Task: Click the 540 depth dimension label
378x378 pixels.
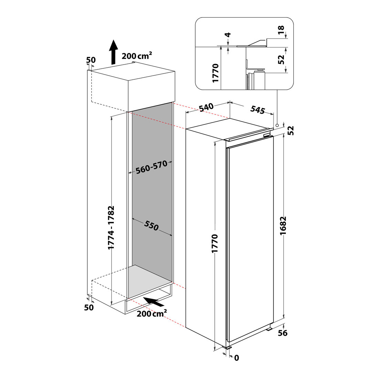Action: pyautogui.click(x=207, y=108)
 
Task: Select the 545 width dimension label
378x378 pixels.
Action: pyautogui.click(x=258, y=110)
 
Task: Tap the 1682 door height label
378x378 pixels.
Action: pyautogui.click(x=283, y=226)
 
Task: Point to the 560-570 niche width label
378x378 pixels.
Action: pyautogui.click(x=152, y=167)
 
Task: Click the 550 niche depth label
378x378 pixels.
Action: pyautogui.click(x=152, y=225)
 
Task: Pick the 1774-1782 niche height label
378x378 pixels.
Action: pyautogui.click(x=111, y=227)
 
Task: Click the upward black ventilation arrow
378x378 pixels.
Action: pyautogui.click(x=113, y=52)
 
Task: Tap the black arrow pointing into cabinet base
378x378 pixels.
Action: pyautogui.click(x=154, y=302)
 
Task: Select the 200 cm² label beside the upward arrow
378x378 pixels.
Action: pyautogui.click(x=137, y=56)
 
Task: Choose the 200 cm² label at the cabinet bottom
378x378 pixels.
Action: pyautogui.click(x=152, y=313)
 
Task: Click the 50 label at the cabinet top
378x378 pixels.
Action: pyautogui.click(x=91, y=60)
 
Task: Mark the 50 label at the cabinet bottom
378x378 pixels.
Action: pyautogui.click(x=89, y=308)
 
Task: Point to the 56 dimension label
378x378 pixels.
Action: pyautogui.click(x=283, y=333)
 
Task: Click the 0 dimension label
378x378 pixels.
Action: pyautogui.click(x=236, y=358)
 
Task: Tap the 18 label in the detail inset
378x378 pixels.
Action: pyautogui.click(x=281, y=30)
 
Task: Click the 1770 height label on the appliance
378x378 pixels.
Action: pyautogui.click(x=214, y=244)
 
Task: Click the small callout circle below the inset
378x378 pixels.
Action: pyautogui.click(x=277, y=125)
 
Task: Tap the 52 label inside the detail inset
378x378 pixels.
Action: pyautogui.click(x=281, y=59)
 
